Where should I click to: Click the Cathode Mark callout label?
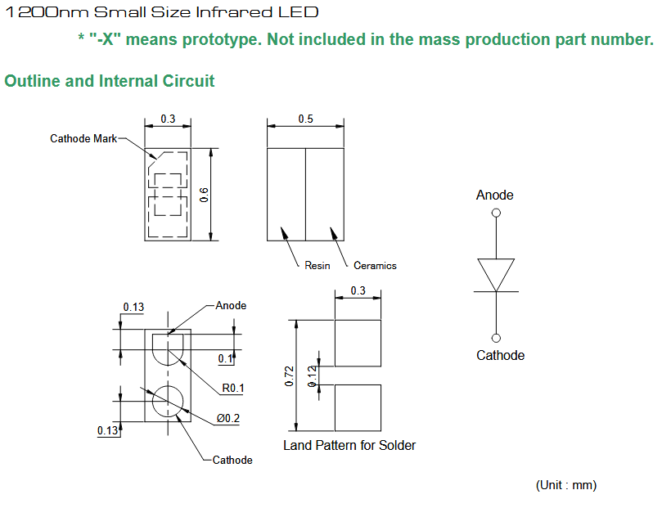[x=83, y=138]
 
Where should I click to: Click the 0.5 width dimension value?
[x=305, y=119]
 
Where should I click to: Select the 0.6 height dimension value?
[x=205, y=195]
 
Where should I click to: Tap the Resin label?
[x=317, y=266]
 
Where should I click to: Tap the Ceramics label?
[x=375, y=266]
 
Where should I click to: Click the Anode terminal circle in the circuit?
[x=496, y=213]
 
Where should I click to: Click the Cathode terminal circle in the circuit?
[x=496, y=338]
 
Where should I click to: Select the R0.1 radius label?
[x=232, y=388]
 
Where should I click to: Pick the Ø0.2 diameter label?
[x=228, y=418]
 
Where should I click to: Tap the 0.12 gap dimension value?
[x=312, y=375]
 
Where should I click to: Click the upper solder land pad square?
[x=358, y=344]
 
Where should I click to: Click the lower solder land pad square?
[x=358, y=407]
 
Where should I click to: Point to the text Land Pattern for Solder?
[x=349, y=446]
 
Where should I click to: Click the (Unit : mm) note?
[x=566, y=485]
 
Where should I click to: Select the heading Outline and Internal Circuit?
[x=110, y=81]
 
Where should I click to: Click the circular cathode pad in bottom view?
[x=168, y=400]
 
